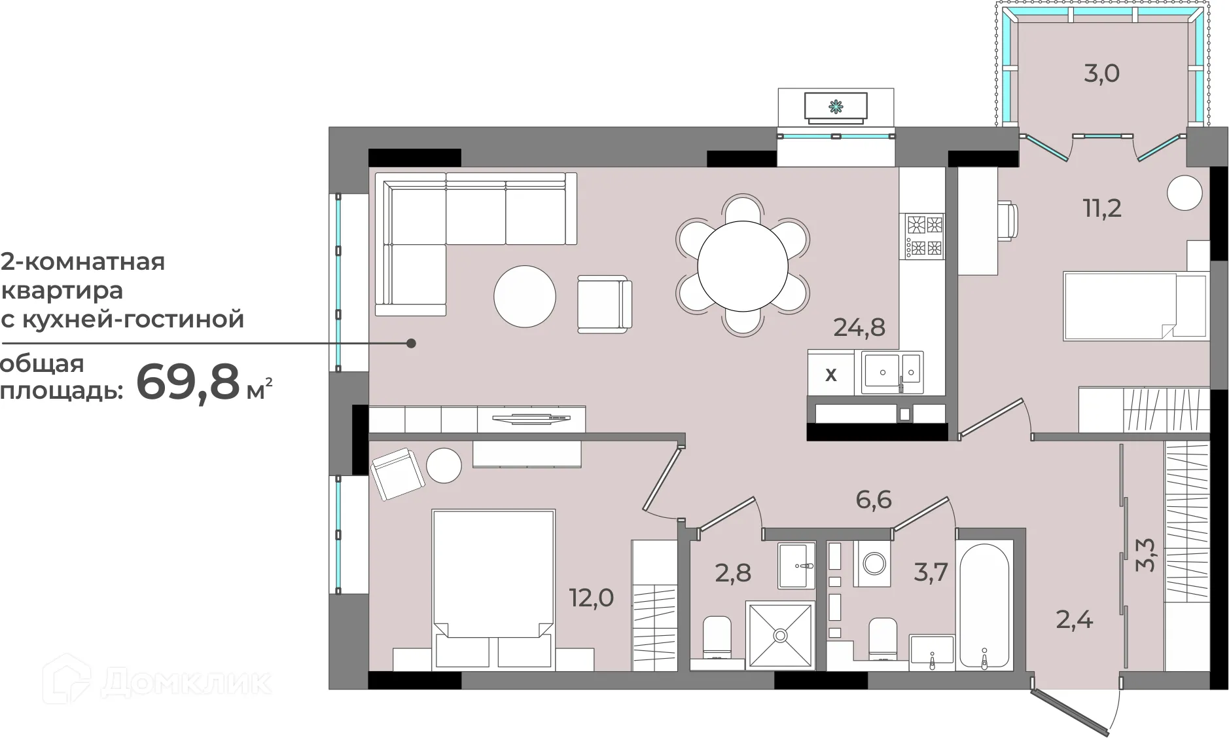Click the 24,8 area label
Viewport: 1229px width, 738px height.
click(x=859, y=327)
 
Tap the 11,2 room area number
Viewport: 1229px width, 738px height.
click(x=1102, y=209)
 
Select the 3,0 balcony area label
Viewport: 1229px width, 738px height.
click(x=1102, y=73)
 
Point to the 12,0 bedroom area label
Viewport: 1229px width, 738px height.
click(x=592, y=598)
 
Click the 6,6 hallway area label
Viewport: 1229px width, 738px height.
click(x=874, y=500)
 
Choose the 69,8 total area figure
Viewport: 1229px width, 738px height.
click(x=188, y=382)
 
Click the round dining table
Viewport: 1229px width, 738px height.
click(x=743, y=266)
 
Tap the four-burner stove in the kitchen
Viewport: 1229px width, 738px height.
click(x=924, y=236)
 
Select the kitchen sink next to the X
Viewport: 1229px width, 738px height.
click(x=893, y=373)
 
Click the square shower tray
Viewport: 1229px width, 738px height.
click(x=780, y=635)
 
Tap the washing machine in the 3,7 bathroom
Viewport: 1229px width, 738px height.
click(x=872, y=563)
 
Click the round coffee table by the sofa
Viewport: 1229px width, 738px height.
click(x=525, y=296)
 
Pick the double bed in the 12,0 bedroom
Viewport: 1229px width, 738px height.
click(x=493, y=589)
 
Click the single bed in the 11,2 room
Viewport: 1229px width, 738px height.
click(x=1135, y=306)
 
